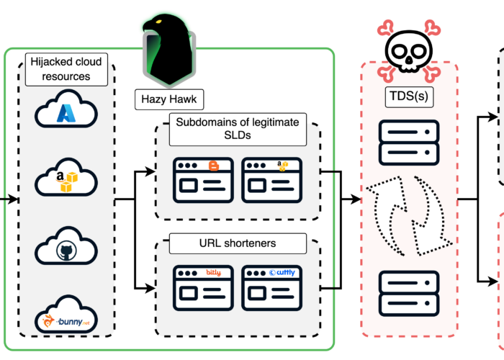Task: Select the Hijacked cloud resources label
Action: tap(66, 70)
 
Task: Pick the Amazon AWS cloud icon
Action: tap(66, 179)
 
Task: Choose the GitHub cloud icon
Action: tap(66, 247)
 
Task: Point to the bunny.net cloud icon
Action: tap(66, 315)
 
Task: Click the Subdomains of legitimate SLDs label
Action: tap(238, 129)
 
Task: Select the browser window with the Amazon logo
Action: tap(272, 180)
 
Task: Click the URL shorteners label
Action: tap(238, 244)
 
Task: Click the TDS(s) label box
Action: tap(408, 95)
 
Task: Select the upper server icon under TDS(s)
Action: tap(408, 143)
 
